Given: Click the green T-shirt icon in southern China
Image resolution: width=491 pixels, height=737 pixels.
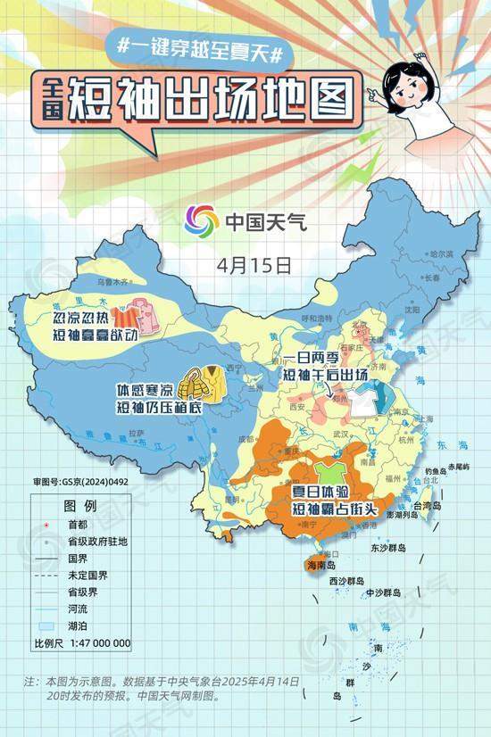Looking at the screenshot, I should coord(326,470).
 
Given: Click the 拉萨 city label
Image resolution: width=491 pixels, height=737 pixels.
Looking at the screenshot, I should coord(136,433).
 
